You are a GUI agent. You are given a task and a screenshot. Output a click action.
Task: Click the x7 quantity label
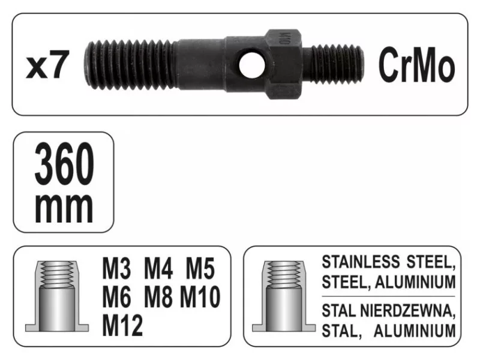pyautogui.click(x=47, y=65)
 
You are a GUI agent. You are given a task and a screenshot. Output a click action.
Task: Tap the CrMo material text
pyautogui.click(x=416, y=65)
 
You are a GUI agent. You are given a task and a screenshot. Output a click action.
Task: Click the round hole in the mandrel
pyautogui.click(x=251, y=65)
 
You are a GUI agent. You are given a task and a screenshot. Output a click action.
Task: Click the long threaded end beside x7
pyautogui.click(x=130, y=65)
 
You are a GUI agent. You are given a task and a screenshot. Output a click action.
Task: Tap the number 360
pyautogui.click(x=64, y=164)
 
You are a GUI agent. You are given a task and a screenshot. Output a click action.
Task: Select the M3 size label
pyautogui.click(x=116, y=268)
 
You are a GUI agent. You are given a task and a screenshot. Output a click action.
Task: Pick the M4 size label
pyautogui.click(x=158, y=268)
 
